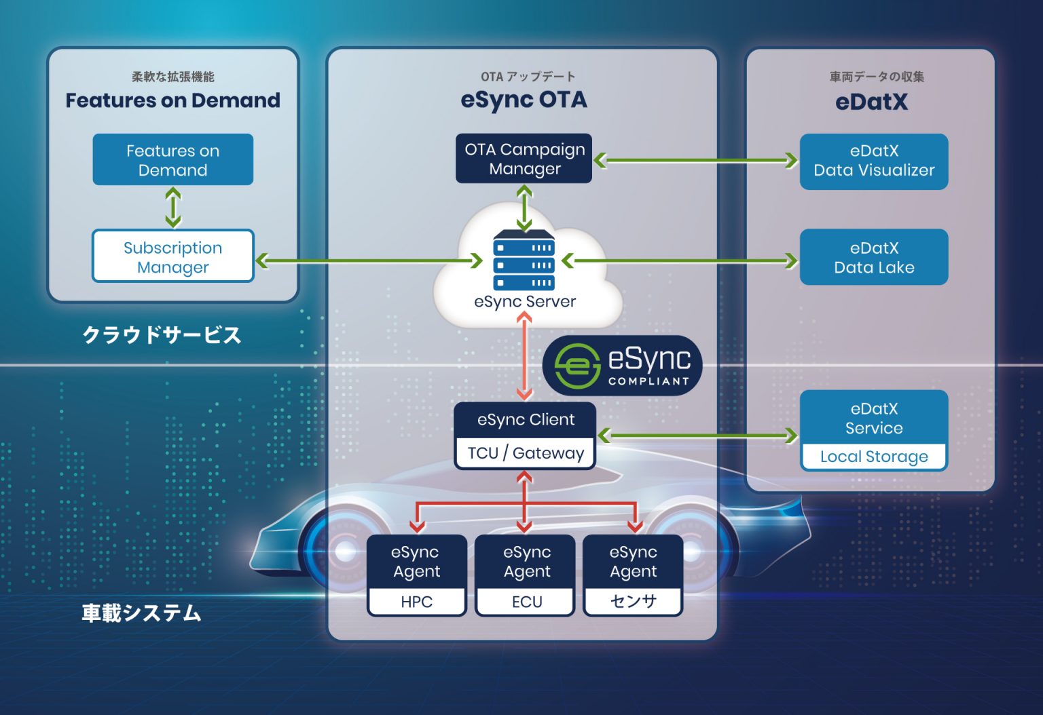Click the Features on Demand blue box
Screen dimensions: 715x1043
[x=172, y=160]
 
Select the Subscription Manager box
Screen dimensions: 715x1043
[x=172, y=256]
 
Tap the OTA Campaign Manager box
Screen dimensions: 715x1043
[x=524, y=159]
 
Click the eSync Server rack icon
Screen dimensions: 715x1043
[x=524, y=260]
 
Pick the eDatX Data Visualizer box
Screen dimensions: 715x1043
[x=873, y=161]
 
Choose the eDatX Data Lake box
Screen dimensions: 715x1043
[x=873, y=257]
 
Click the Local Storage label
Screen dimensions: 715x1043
[x=873, y=457]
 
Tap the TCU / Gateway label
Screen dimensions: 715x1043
[x=525, y=453]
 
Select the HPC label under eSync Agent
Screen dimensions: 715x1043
[x=416, y=602]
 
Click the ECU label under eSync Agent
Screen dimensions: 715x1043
[x=526, y=602]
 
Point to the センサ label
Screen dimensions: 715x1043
[x=633, y=602]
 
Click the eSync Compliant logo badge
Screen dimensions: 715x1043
[x=621, y=366]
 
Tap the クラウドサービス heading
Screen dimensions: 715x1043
[x=162, y=335]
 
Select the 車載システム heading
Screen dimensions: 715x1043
[x=141, y=613]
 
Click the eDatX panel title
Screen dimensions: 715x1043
[x=871, y=102]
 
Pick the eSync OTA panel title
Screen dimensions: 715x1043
[x=524, y=100]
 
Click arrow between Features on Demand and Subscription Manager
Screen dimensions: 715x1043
[x=173, y=208]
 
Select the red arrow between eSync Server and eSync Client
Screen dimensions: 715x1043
[x=524, y=357]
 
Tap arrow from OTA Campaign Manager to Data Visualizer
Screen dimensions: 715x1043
[x=695, y=161]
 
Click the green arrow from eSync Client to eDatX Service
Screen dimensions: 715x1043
[x=697, y=436]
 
